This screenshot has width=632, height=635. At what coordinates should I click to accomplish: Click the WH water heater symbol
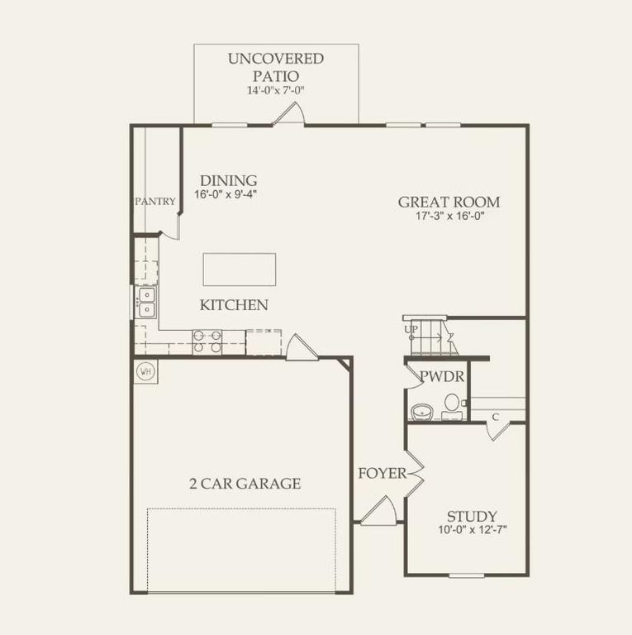(x=145, y=371)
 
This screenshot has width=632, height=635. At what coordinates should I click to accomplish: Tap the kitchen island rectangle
(x=240, y=270)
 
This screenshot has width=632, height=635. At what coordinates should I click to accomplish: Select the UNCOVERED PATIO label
(x=276, y=67)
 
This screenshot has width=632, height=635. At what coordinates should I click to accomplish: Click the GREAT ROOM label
(x=449, y=202)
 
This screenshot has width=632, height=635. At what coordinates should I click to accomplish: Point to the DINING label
(x=229, y=180)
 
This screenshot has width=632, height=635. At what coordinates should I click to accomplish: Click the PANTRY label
(x=156, y=201)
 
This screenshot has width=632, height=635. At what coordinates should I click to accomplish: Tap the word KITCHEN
(x=234, y=305)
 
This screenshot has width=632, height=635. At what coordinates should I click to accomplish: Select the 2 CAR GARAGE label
(x=245, y=484)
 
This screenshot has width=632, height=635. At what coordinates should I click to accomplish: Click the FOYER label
(x=382, y=473)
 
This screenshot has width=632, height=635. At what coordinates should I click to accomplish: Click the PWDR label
(x=441, y=377)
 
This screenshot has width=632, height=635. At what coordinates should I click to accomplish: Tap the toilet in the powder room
(x=452, y=404)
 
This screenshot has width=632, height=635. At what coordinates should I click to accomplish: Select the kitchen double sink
(x=147, y=303)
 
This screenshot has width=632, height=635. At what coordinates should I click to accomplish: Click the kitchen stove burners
(x=207, y=341)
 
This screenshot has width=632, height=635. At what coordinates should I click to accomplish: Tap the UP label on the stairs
(x=411, y=330)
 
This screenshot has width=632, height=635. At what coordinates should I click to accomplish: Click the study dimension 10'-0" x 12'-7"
(x=473, y=530)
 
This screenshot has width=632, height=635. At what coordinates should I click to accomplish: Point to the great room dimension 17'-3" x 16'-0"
(x=449, y=217)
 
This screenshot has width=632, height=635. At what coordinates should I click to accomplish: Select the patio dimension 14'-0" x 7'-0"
(x=276, y=90)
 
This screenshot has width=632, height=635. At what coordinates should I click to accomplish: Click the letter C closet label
(x=495, y=416)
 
